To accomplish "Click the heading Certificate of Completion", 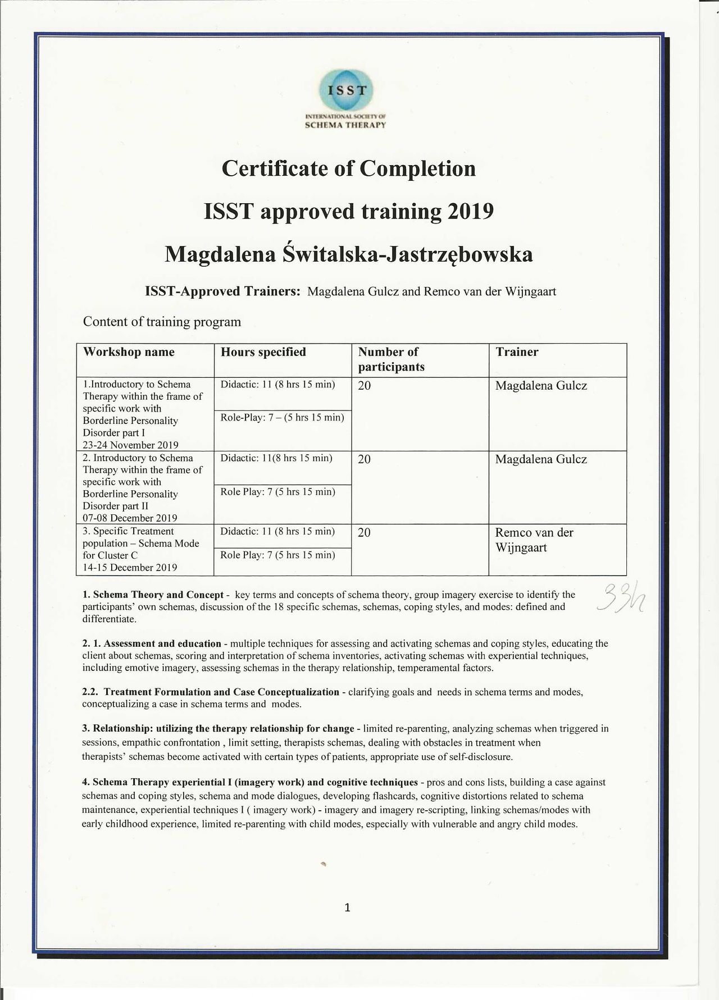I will (349, 168).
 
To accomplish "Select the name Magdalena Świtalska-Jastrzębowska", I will (348, 254).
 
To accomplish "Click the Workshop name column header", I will (129, 352).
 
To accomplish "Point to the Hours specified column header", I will (263, 352).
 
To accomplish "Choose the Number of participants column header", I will (391, 359).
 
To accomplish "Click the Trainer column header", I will (517, 352).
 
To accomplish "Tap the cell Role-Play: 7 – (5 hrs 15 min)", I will (282, 418).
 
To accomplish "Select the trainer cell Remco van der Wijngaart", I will (534, 540).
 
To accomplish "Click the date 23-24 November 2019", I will (130, 445).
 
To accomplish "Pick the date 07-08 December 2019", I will (130, 518).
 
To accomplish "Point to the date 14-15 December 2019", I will (130, 567).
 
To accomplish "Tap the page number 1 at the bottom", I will (348, 907).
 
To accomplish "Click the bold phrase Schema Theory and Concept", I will (158, 595).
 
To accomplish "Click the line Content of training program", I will (162, 322).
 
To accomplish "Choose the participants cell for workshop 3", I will (364, 533).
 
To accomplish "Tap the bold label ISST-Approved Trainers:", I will (223, 291).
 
